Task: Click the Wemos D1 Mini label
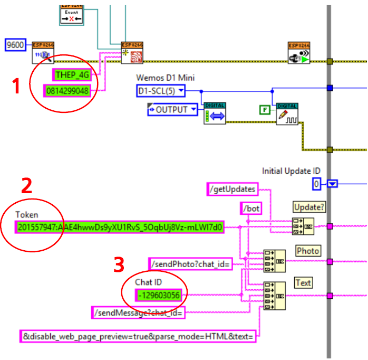pos(166,78)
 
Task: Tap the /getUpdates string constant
pos(233,188)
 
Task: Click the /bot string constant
pos(251,209)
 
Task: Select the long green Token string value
pos(120,228)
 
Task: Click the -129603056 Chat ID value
pos(158,295)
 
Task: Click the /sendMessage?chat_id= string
pos(138,313)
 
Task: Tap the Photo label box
pos(308,250)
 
